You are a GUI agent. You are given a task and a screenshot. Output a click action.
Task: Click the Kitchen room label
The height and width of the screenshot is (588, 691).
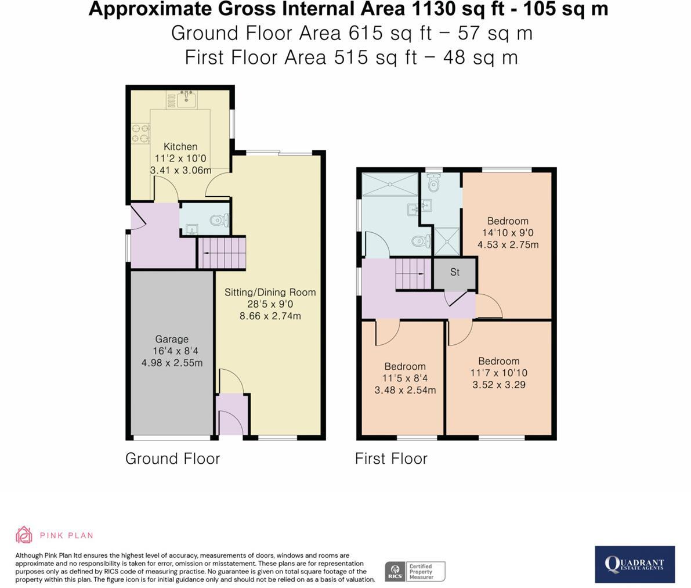coord(180,146)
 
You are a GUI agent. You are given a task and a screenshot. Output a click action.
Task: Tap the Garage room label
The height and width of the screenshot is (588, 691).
coord(171,339)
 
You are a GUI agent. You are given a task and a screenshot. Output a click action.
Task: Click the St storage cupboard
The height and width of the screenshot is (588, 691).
coord(455,272)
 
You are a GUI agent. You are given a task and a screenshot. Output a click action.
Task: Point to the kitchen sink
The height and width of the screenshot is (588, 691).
coord(186,100)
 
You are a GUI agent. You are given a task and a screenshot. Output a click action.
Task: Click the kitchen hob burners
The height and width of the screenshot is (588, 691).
coord(139,133)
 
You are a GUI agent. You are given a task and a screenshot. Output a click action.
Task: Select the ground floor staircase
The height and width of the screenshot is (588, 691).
coord(222,252)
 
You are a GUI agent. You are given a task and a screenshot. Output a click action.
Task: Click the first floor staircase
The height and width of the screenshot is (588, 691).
coord(413,274)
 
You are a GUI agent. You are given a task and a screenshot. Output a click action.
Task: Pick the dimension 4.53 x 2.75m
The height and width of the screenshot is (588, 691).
coord(508,244)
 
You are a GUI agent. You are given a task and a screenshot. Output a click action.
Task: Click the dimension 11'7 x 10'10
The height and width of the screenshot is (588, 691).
coord(498,373)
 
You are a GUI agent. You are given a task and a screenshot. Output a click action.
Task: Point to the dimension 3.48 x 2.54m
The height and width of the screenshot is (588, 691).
coord(405,389)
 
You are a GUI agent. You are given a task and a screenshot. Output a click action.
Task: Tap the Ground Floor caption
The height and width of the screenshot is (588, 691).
coord(172,459)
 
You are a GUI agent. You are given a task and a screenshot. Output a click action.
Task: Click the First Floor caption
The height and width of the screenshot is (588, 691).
coord(391,459)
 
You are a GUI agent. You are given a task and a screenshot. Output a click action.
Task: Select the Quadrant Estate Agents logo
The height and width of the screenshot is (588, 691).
coord(634,564)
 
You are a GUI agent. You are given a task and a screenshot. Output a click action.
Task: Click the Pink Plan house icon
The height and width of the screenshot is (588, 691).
coord(23,535)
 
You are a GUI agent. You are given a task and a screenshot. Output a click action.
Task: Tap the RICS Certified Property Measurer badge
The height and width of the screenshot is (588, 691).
coord(415,571)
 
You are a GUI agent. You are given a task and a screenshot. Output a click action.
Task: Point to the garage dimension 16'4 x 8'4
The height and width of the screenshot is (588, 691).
coord(172,351)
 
